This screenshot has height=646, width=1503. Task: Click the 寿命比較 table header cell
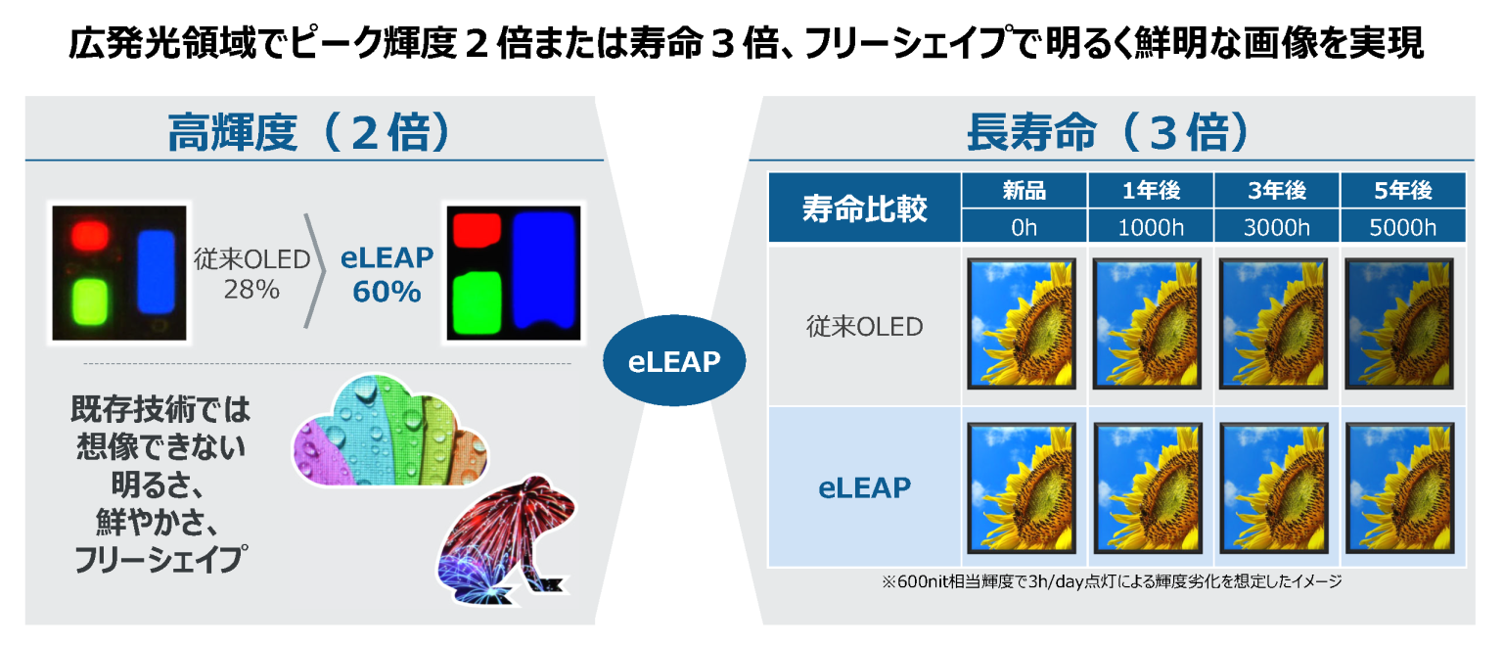coord(864,208)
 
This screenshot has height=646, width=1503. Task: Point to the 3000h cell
coord(1276,227)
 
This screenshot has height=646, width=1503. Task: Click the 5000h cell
coord(1402,227)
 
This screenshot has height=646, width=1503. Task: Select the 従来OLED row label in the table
coord(864,326)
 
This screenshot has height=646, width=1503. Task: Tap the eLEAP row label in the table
coord(864,486)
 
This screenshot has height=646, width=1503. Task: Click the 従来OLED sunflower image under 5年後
coord(1402,324)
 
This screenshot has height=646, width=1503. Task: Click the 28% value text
coord(252,290)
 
